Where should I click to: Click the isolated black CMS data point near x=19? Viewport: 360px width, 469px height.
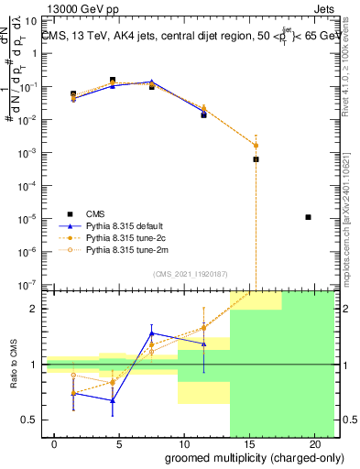[309, 217]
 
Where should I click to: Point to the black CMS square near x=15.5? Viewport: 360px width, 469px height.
[256, 159]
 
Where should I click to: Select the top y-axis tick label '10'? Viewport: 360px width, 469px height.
[28, 20]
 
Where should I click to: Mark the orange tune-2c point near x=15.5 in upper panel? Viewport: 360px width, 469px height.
[256, 146]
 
